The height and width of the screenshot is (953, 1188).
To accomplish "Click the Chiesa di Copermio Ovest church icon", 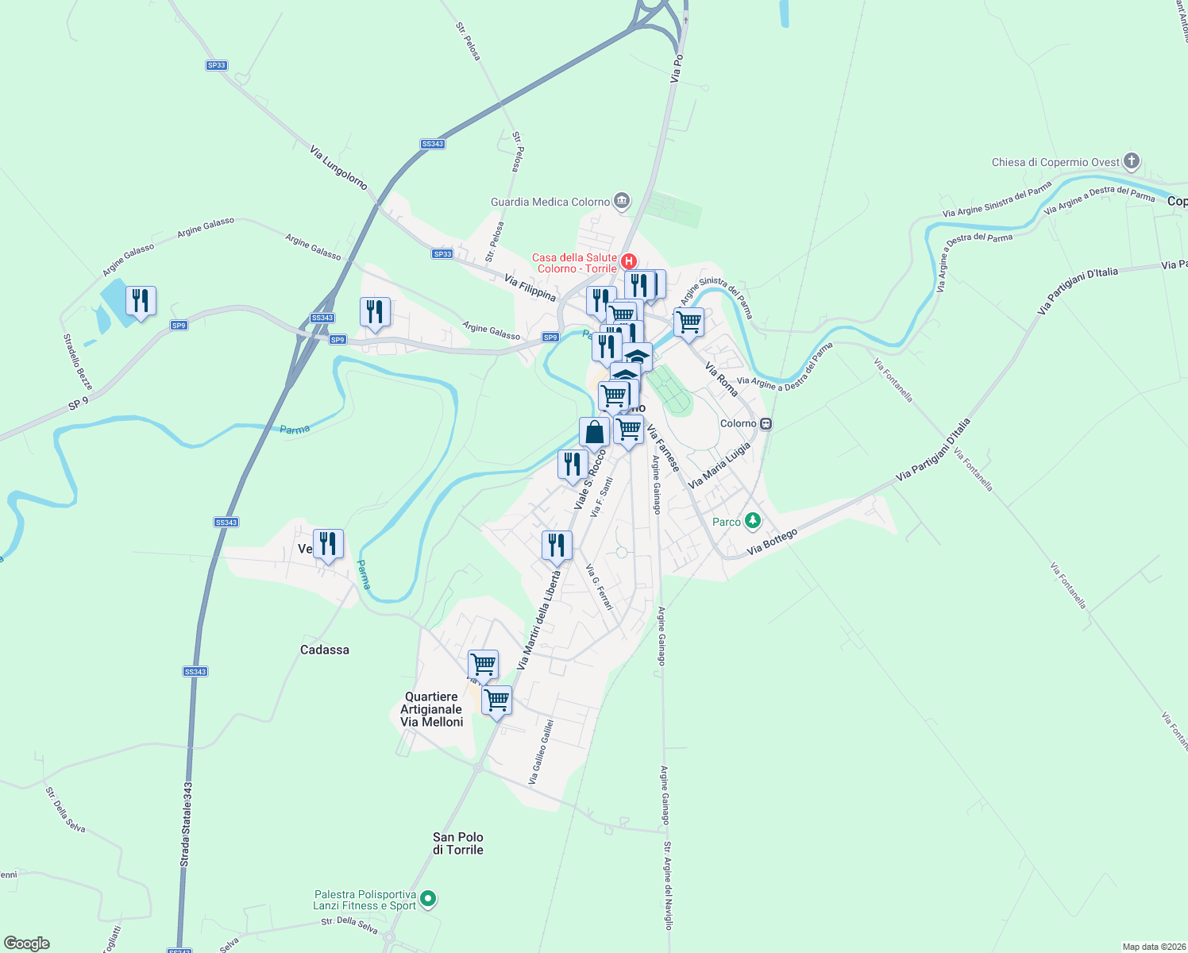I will pos(1132,162).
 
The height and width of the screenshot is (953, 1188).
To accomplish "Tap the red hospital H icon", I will pos(629,261).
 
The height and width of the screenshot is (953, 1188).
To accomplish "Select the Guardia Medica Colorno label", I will pos(550,202).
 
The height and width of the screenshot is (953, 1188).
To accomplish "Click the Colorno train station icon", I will pos(766,423).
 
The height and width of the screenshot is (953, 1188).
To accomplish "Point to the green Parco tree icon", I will pos(752,522).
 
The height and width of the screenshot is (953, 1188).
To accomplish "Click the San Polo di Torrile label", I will pos(457,843).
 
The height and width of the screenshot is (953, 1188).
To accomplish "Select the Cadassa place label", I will pos(324,650).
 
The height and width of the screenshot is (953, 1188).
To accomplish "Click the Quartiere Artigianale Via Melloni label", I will pos(431,709).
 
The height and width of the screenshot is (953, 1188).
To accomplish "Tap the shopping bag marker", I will pos(594,433).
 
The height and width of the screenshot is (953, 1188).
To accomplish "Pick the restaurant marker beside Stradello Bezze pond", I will pos(141,301).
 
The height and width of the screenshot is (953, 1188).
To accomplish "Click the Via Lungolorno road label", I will pos(339,168).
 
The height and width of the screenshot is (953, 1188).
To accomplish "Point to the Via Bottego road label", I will pos(771,542).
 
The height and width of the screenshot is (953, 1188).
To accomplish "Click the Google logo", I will pos(26,943).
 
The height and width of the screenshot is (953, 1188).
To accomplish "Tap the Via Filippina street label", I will pos(530,287).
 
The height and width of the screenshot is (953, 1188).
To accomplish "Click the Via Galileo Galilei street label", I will pos(541,751).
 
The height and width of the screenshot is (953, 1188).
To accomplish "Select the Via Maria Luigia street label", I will pos(719,465).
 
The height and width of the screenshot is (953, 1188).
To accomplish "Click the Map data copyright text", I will pos(1152,947).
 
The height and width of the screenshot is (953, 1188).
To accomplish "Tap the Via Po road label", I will pos(676,69).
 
